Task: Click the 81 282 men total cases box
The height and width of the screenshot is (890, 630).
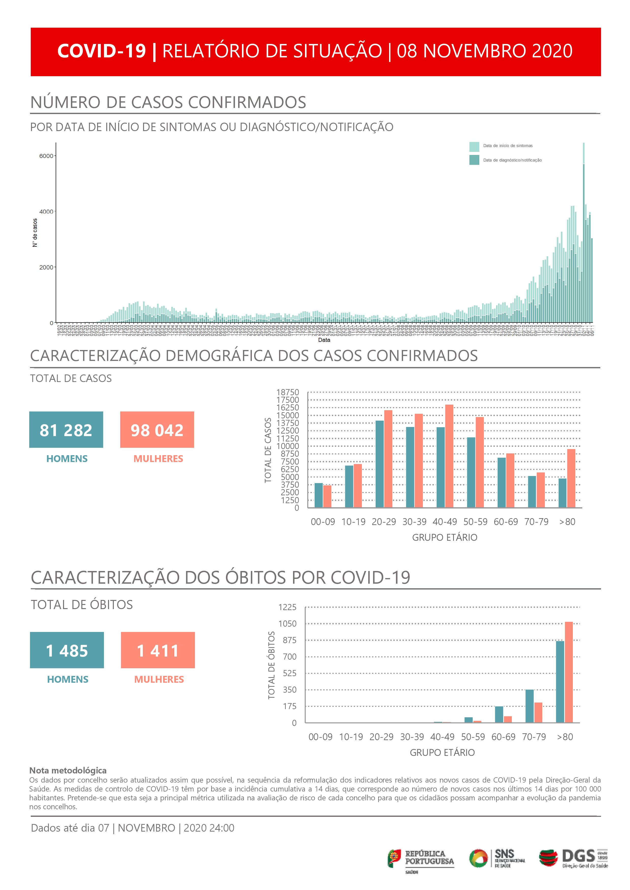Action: point(66,430)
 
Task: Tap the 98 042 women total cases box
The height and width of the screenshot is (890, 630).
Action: point(157,430)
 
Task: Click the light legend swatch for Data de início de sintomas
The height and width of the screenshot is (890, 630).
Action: point(474,147)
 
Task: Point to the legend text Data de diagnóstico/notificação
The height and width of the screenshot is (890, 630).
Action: point(512,160)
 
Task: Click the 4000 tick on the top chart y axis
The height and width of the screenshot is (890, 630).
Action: point(46,212)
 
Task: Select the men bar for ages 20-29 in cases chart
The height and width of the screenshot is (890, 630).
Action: point(379,464)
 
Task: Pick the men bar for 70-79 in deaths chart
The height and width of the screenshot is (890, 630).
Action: point(530,706)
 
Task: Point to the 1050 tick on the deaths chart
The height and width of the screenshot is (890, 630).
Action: point(287,624)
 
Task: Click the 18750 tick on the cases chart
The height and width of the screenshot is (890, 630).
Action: point(287,392)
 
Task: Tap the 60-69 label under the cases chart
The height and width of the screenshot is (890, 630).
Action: point(506,522)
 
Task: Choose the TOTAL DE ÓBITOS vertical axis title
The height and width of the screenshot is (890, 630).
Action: point(272,665)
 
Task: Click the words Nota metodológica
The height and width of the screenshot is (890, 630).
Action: point(68,770)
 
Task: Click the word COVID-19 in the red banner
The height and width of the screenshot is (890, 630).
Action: point(102,51)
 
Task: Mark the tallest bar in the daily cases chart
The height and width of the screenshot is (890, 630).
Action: point(583,233)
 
